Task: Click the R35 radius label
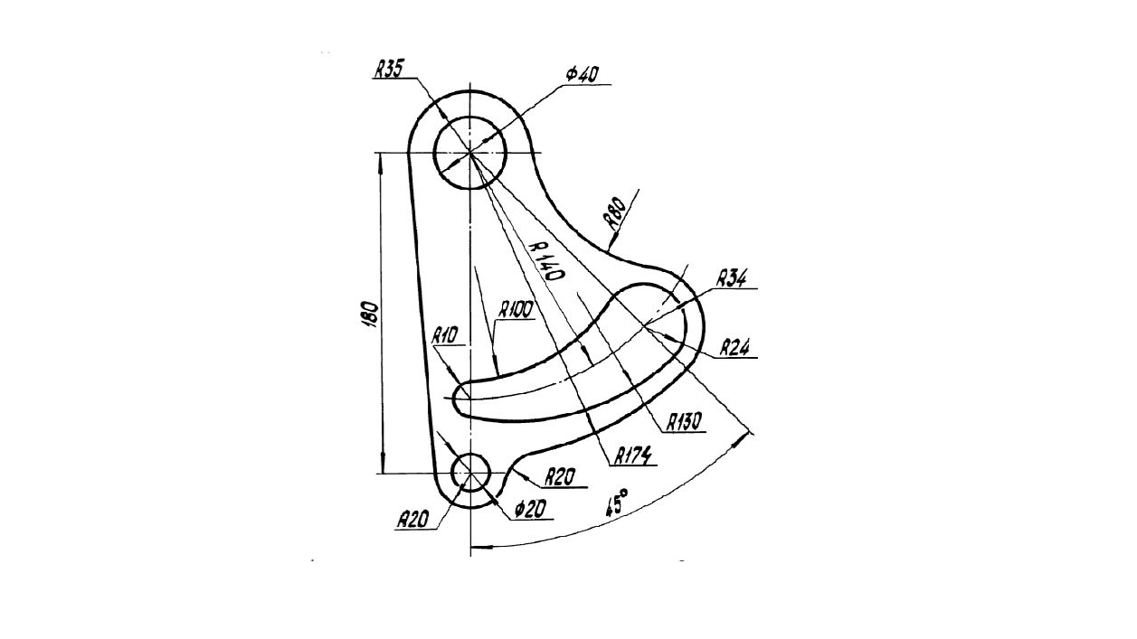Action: pyautogui.click(x=389, y=69)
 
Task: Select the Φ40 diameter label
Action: pyautogui.click(x=583, y=75)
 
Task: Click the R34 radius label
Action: pyautogui.click(x=732, y=278)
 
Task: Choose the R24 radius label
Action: pyautogui.click(x=735, y=348)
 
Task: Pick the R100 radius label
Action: pyautogui.click(x=516, y=310)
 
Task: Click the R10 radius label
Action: pyautogui.click(x=445, y=335)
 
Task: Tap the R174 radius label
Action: pyautogui.click(x=633, y=456)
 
